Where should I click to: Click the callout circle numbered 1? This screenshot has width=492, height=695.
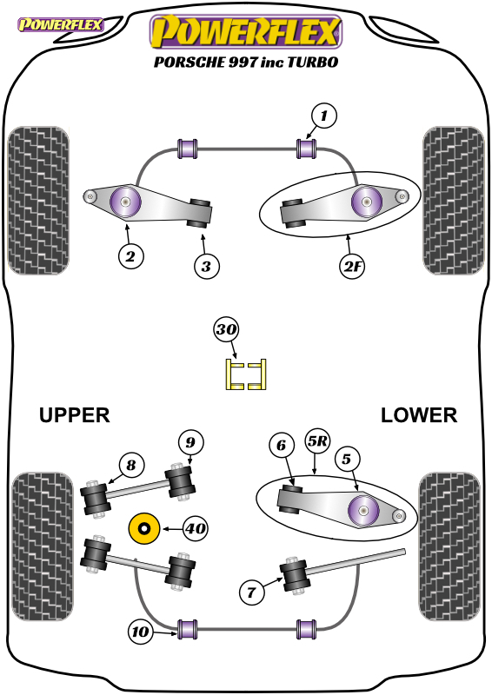(324, 116)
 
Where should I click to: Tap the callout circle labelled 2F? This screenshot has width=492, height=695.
(352, 266)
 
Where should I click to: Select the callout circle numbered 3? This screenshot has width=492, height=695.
(207, 267)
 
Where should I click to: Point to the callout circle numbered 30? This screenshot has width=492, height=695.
(226, 330)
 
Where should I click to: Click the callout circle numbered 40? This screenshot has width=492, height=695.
(196, 528)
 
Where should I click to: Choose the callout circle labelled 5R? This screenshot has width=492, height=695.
(317, 441)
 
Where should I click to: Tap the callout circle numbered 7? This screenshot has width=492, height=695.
(251, 592)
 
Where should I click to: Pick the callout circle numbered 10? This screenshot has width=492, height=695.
(141, 632)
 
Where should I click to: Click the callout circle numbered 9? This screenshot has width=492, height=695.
(190, 442)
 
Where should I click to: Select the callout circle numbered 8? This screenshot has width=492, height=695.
(131, 465)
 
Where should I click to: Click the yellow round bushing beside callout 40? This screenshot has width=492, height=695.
(143, 528)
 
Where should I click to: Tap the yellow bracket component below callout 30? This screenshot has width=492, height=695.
(246, 374)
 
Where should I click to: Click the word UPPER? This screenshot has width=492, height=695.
(74, 415)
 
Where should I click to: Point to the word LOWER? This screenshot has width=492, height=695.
(419, 415)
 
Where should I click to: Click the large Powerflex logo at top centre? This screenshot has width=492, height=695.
(246, 31)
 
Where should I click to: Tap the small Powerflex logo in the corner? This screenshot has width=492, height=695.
(60, 24)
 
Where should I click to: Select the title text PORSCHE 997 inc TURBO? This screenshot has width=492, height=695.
(246, 62)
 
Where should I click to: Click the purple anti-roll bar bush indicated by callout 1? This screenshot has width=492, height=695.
(307, 149)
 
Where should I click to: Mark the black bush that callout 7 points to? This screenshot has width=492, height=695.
(294, 575)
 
